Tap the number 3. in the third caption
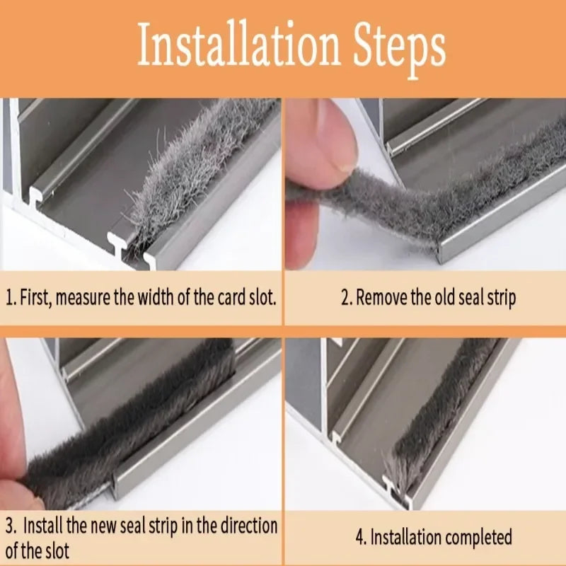11,527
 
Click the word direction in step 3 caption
248,527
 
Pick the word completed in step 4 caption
480,538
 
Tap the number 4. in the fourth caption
361,538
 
